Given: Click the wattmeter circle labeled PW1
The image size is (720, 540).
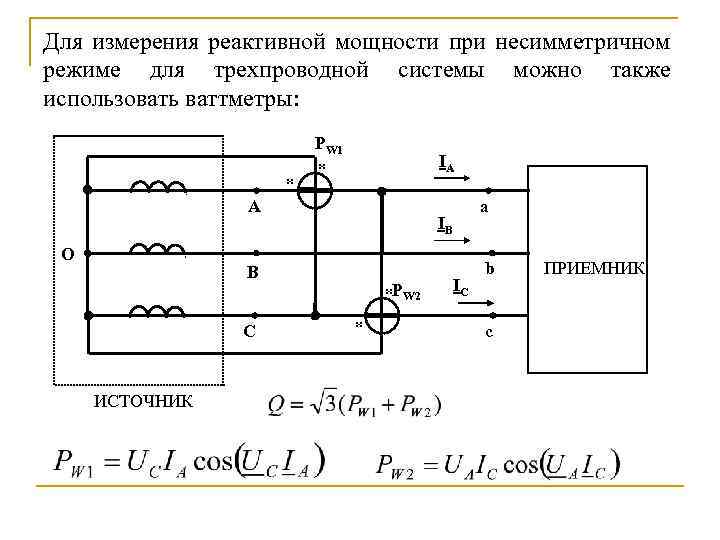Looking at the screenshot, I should tap(315, 189).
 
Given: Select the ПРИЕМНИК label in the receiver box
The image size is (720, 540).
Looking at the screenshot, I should tap(594, 269).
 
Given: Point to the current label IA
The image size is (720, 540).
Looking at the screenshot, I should tap(446, 163).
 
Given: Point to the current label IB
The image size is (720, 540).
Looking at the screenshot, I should tap(444, 226).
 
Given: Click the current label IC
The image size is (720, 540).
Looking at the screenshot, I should tap(459, 288).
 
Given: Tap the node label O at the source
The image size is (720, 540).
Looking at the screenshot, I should tap(66, 254).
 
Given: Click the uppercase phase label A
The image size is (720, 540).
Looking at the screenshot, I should tap(254, 208).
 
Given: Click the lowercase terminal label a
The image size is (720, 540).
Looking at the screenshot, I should tap(484, 208).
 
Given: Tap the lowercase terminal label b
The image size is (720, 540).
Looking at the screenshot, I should tap(489, 270).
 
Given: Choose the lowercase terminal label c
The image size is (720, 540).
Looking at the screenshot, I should tap(488, 332).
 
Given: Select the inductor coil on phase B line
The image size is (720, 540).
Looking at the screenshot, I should tap(158, 248).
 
